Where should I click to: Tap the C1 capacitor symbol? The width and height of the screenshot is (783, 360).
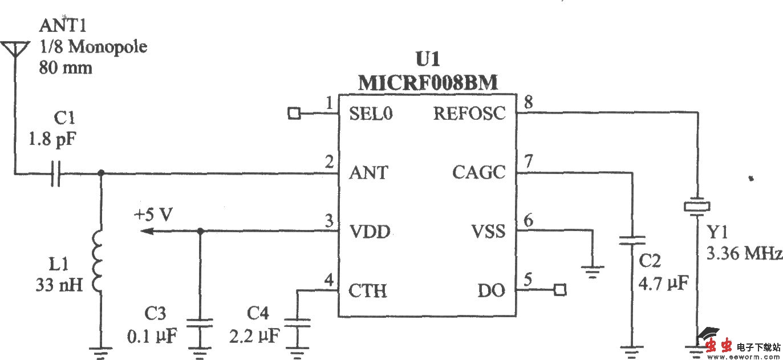tap(55, 173)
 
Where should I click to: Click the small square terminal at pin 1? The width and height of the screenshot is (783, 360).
tap(294, 114)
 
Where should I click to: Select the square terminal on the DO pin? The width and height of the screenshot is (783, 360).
tap(560, 290)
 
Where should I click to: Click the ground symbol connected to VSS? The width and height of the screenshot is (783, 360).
tap(594, 270)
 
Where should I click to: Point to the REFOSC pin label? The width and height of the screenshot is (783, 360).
tap(469, 114)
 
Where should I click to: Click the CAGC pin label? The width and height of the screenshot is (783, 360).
tap(479, 172)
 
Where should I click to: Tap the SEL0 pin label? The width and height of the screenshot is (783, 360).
tap(371, 114)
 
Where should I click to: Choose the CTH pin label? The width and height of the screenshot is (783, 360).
tap(368, 291)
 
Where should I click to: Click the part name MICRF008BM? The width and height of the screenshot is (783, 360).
tap(428, 83)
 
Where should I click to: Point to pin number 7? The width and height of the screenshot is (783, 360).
tap(528, 162)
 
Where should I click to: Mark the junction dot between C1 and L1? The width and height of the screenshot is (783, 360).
tap(101, 173)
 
